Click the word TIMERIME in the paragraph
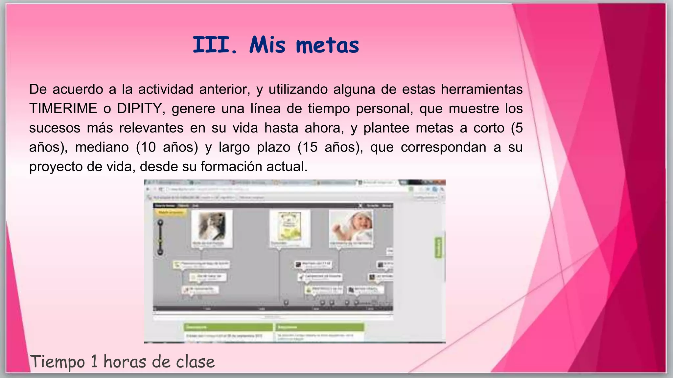coord(63,109)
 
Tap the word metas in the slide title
coord(327,45)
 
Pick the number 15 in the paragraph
coord(310,147)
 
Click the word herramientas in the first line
coord(482,89)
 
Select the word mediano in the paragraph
coord(102,147)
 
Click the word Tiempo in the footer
coord(58,362)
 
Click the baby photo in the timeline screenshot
coord(351,227)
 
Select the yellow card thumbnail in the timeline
coord(290,227)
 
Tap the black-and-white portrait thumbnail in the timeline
coord(212,227)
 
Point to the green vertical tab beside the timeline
coord(438,247)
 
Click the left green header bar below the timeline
coord(228,327)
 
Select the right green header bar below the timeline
coord(320,327)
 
